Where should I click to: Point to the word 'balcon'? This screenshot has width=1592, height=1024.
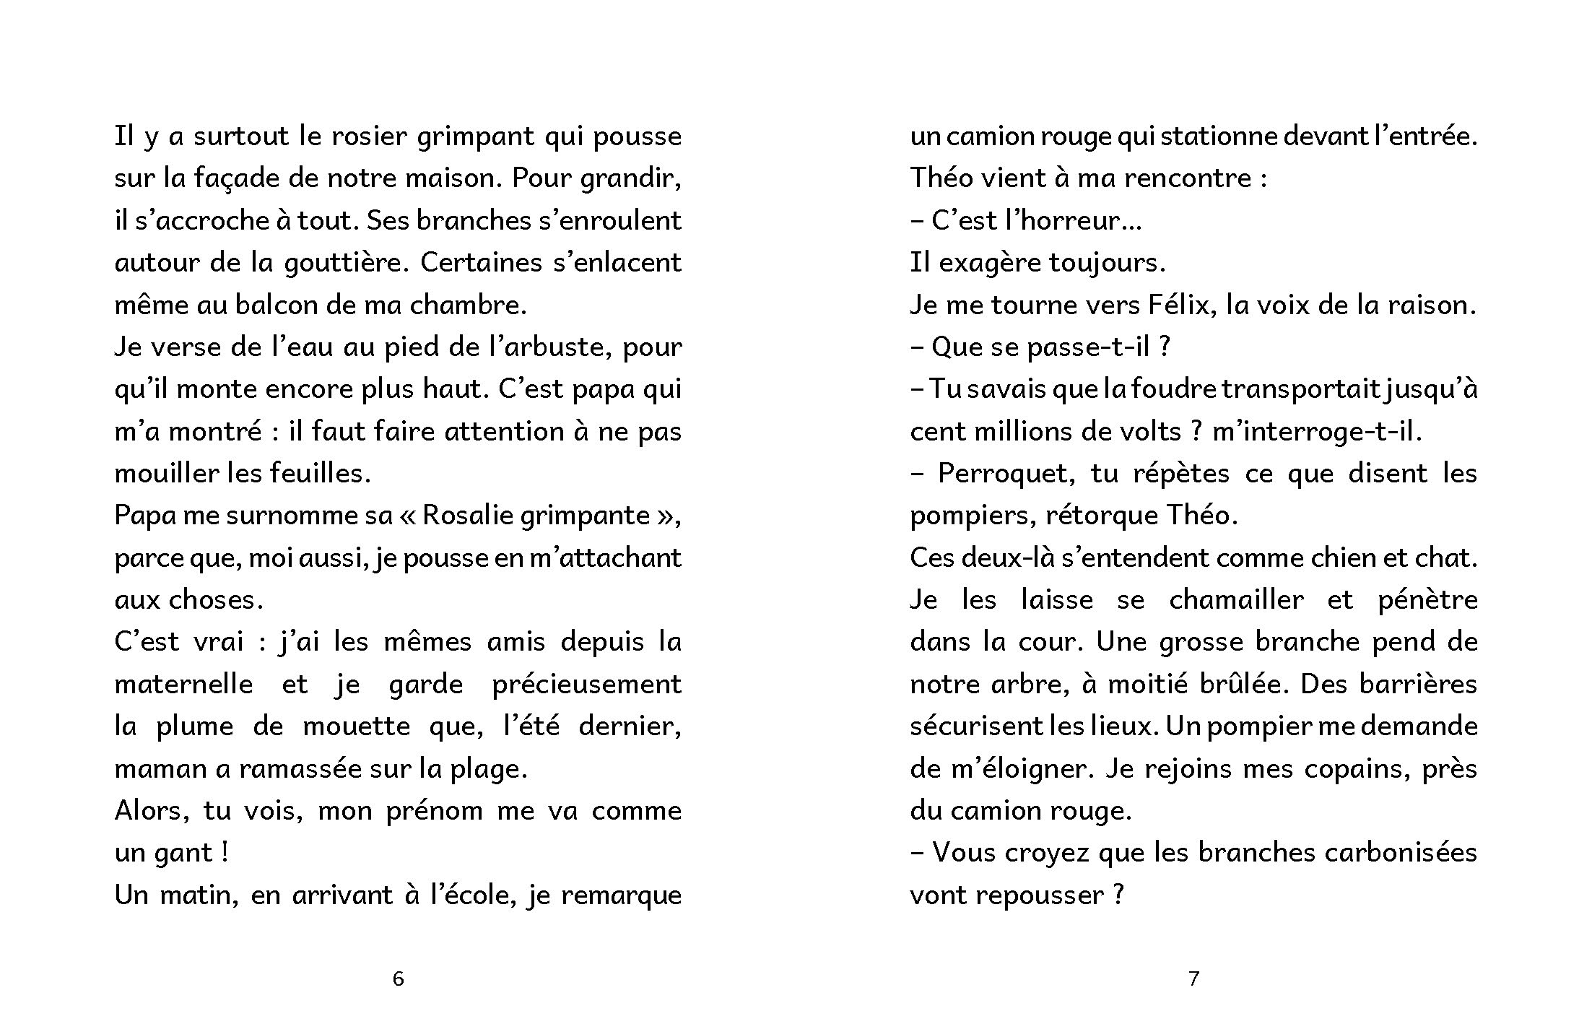(x=294, y=305)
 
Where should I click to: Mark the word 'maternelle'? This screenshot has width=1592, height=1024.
(x=183, y=684)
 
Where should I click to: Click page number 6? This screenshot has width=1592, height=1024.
(x=398, y=979)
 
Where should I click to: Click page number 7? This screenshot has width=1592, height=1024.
(x=1193, y=979)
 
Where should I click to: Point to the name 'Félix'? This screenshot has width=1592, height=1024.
(x=1177, y=305)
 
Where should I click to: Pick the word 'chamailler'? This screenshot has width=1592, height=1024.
(x=1236, y=600)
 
